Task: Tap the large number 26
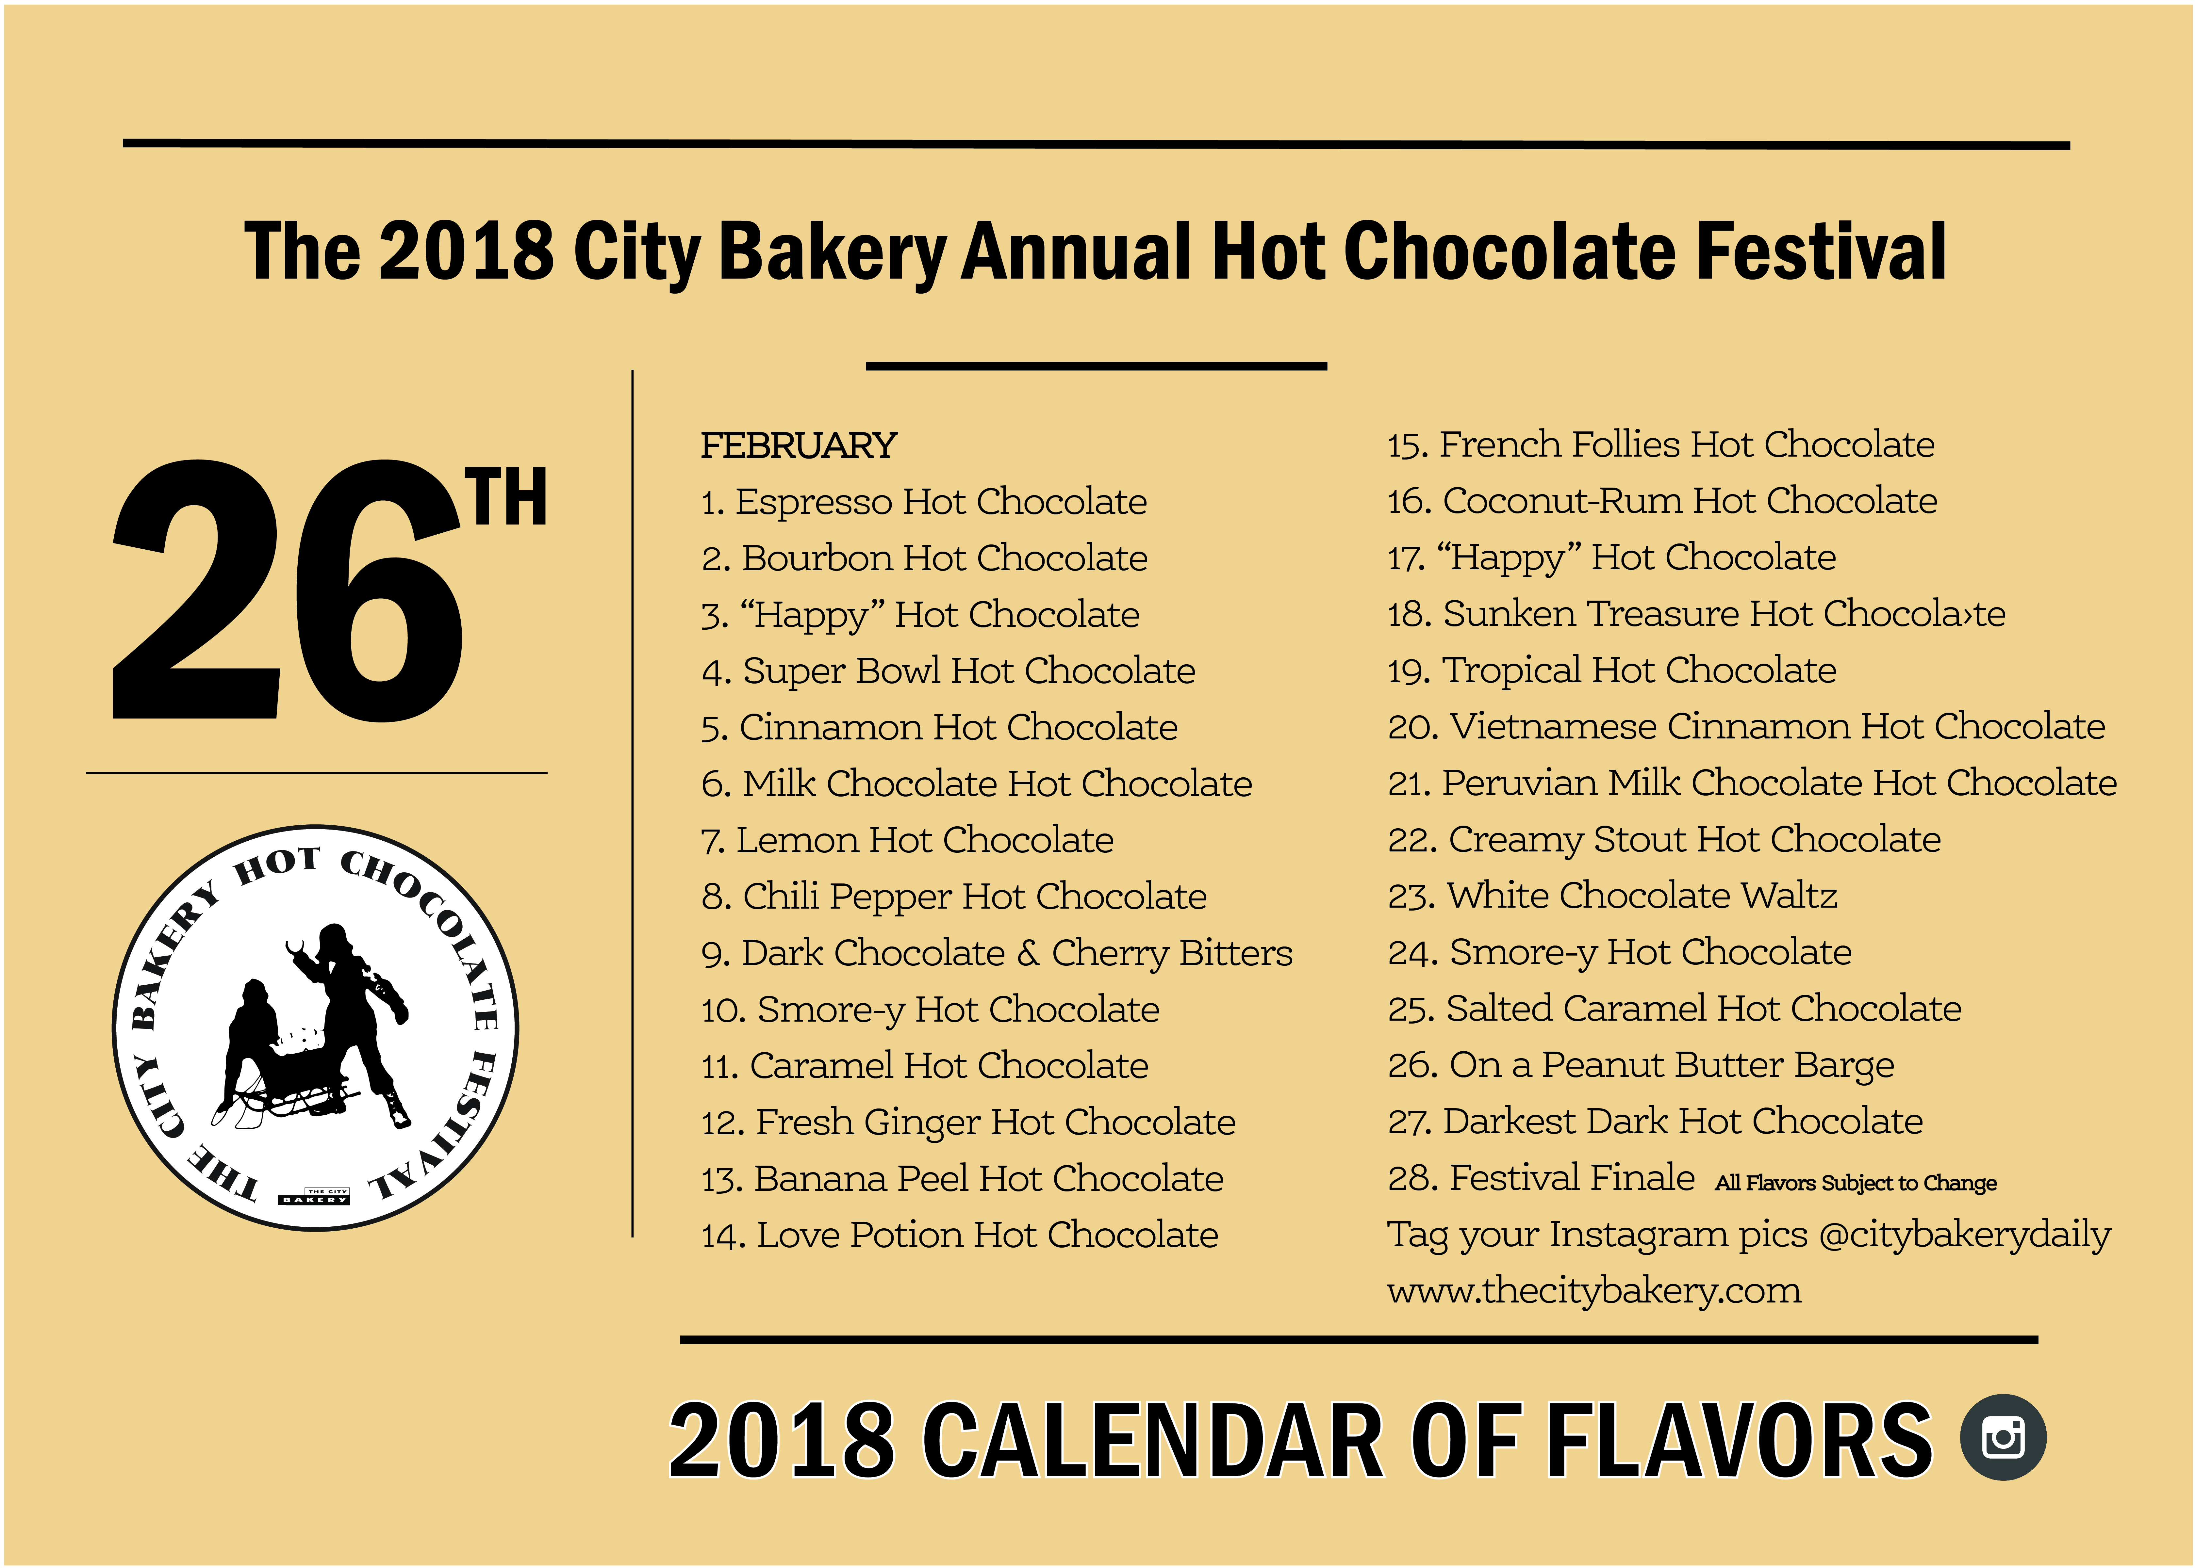coord(287,591)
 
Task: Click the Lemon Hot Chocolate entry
coord(907,840)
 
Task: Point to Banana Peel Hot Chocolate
coord(962,1179)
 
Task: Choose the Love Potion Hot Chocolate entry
coord(959,1235)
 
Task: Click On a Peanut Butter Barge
coord(1641,1065)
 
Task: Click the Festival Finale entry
coord(1541,1178)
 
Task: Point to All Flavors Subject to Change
coord(1855,1183)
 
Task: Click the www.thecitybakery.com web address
coord(1594,1291)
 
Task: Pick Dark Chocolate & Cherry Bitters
coord(997,953)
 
